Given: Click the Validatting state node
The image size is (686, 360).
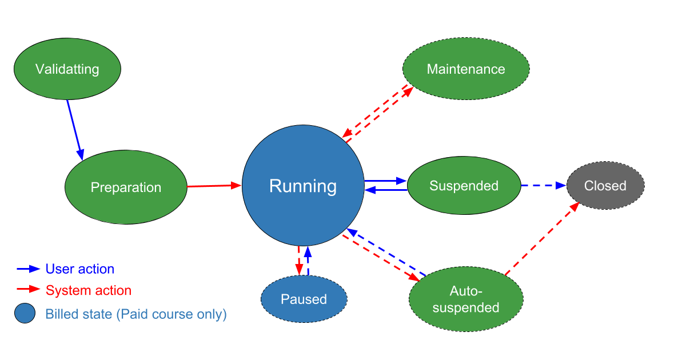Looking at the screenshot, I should [67, 69].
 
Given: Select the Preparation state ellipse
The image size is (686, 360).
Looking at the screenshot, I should [126, 187].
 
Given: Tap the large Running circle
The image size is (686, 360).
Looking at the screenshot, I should [303, 186].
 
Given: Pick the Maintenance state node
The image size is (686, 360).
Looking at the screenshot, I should [466, 69].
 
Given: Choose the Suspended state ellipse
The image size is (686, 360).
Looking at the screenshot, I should [464, 186].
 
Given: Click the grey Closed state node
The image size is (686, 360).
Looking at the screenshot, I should [605, 186].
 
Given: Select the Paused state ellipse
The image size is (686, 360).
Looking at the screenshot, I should [304, 299].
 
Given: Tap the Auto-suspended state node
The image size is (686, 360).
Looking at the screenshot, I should [466, 299].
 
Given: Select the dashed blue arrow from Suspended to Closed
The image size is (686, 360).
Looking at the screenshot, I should [543, 185].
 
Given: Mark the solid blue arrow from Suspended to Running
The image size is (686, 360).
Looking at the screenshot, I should [386, 190].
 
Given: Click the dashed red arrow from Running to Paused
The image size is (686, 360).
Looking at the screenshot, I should [298, 261].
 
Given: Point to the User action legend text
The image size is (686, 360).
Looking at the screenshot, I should [80, 269].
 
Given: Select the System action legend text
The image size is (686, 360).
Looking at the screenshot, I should [89, 291].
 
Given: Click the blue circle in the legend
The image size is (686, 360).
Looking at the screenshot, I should [25, 314].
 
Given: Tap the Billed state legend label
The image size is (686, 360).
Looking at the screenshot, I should [136, 314].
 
